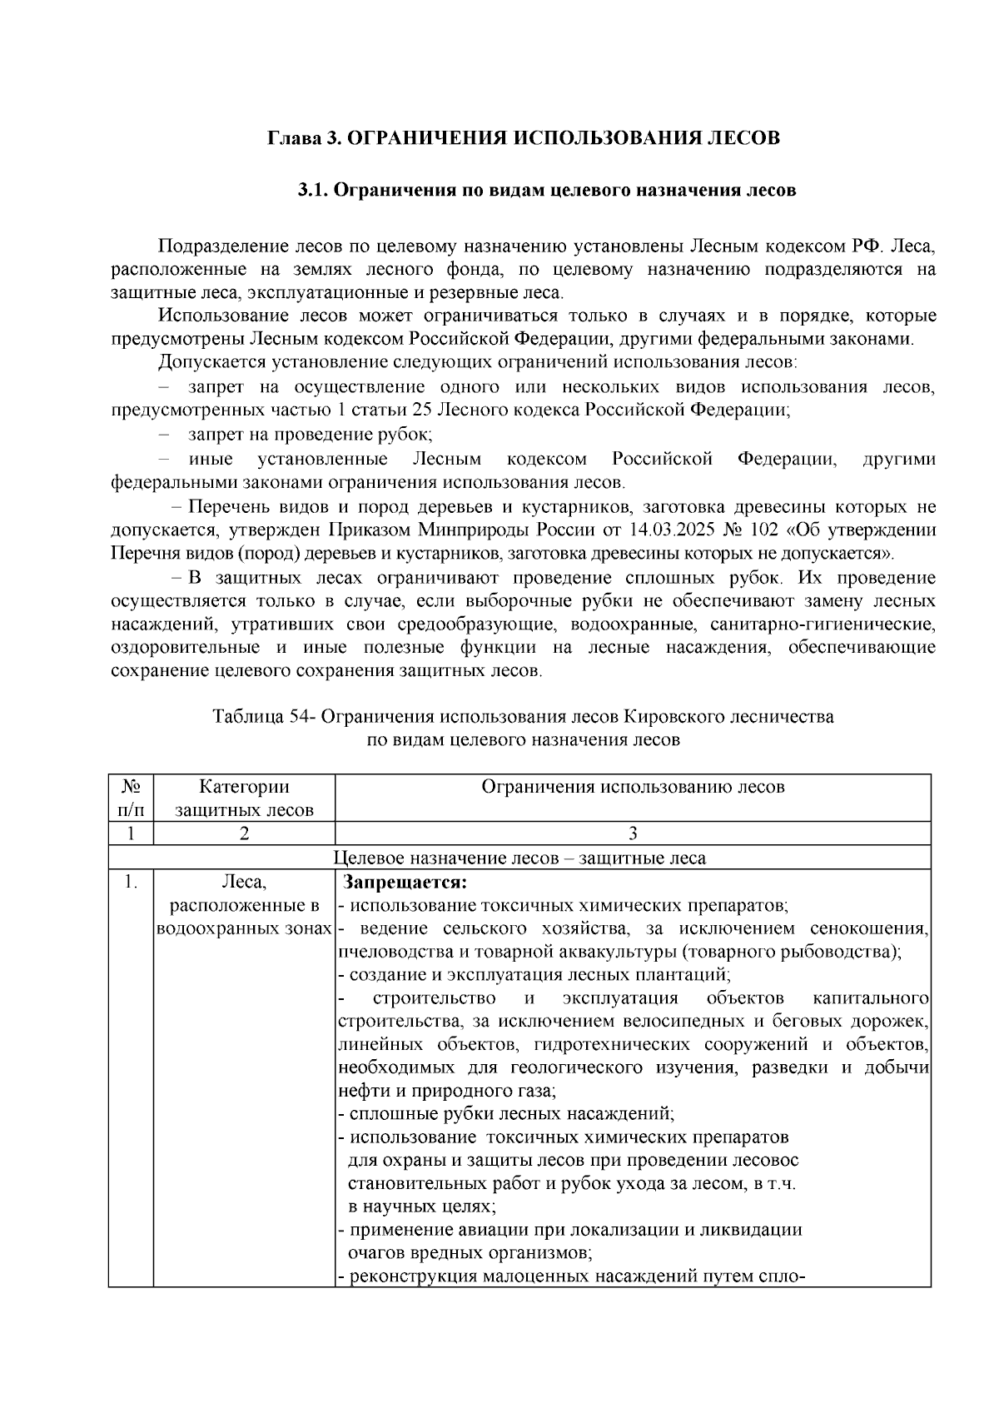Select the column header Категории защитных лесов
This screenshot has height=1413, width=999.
click(244, 798)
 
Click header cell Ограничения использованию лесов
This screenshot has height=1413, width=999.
click(633, 787)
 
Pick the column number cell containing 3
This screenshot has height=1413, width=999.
click(633, 834)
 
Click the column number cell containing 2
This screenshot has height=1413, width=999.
click(244, 834)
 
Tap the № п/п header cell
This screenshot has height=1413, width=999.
click(131, 798)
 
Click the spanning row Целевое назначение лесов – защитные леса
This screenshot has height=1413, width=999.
click(519, 858)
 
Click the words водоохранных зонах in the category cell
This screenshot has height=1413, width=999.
click(245, 928)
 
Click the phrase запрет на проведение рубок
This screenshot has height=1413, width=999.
click(310, 435)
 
